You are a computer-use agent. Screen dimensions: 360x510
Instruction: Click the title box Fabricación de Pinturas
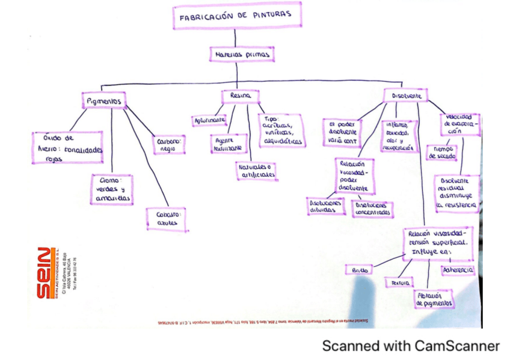coord(237,16)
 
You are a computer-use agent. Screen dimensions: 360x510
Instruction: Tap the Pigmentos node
coord(103,101)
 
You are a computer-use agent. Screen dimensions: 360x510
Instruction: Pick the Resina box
coord(239,96)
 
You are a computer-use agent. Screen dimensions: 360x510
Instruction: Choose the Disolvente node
coord(407,96)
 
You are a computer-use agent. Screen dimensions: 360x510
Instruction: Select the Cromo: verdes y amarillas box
coord(112,189)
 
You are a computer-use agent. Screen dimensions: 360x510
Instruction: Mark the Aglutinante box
coord(209,120)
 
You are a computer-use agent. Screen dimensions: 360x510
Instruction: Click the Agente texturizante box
coord(227,143)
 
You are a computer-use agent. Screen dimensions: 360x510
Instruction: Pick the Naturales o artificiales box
coord(256,171)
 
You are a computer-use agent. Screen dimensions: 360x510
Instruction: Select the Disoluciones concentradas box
coord(373,208)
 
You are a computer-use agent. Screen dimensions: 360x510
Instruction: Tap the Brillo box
coord(360,270)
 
